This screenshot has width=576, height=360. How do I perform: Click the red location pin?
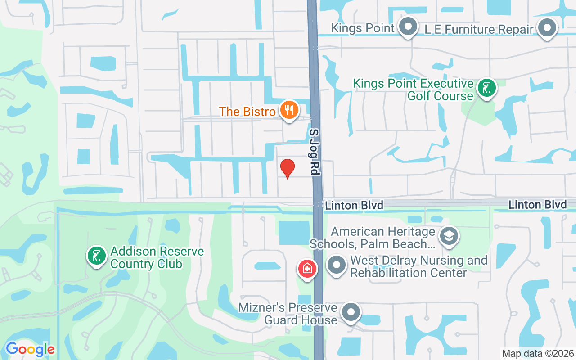point(288,168)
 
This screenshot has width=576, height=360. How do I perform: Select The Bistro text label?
point(247,111)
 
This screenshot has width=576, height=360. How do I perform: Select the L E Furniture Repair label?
point(479,30)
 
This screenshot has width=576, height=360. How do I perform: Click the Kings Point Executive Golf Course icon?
point(486,88)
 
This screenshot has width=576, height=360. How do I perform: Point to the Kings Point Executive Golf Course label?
point(413,90)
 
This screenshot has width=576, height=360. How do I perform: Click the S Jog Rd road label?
point(314,151)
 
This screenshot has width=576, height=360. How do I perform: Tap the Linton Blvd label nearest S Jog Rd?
point(354,206)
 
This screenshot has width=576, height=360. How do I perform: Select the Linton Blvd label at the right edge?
point(537,205)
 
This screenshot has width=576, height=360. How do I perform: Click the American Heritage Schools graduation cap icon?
point(449,236)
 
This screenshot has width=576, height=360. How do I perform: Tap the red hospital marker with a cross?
point(307,269)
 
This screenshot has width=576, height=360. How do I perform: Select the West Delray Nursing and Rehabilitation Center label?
point(418,266)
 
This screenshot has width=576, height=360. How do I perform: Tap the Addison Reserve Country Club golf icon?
point(96,256)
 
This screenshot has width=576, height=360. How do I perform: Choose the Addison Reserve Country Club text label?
point(157,257)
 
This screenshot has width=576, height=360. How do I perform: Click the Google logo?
point(30,349)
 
